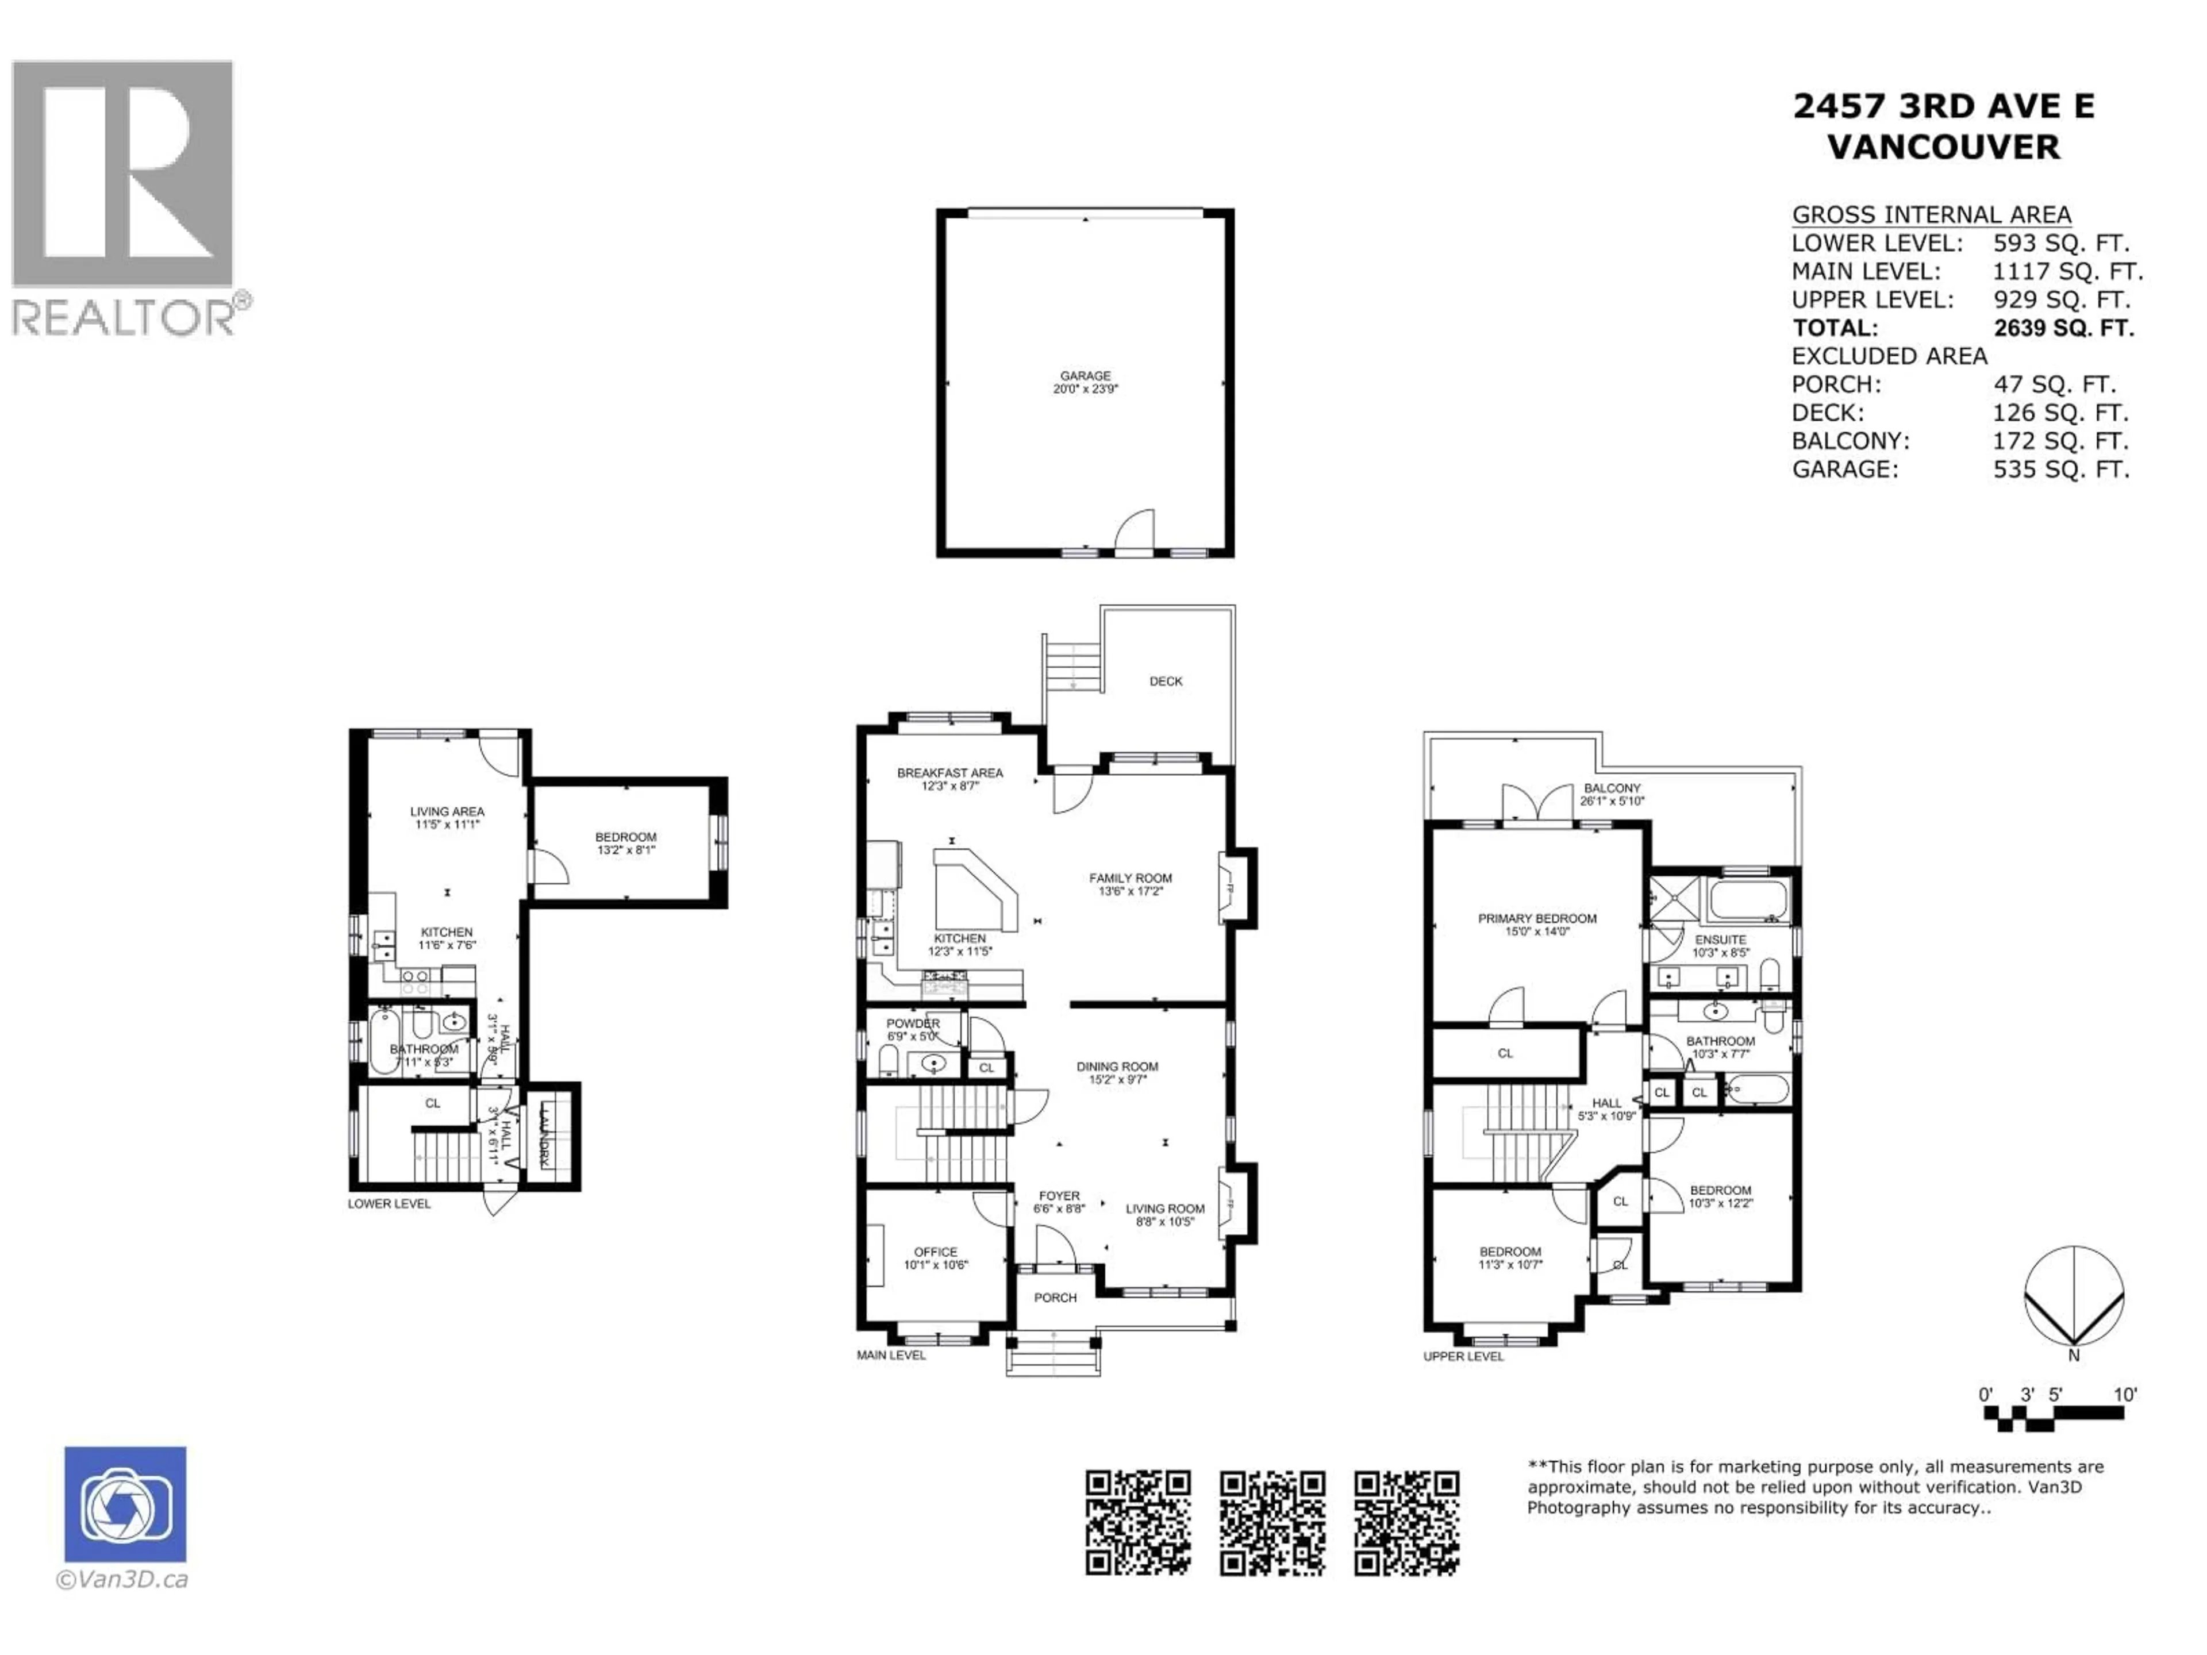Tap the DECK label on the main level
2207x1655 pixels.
[x=1166, y=682]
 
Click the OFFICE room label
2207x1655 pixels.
[x=935, y=1252]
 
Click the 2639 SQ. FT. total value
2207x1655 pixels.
[x=2063, y=328]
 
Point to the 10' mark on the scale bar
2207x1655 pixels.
[x=2125, y=1395]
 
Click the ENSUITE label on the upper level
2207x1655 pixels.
[x=1720, y=940]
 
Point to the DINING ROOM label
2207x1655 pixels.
[x=1117, y=1067]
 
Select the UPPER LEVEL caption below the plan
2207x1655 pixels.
[x=1463, y=1357]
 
